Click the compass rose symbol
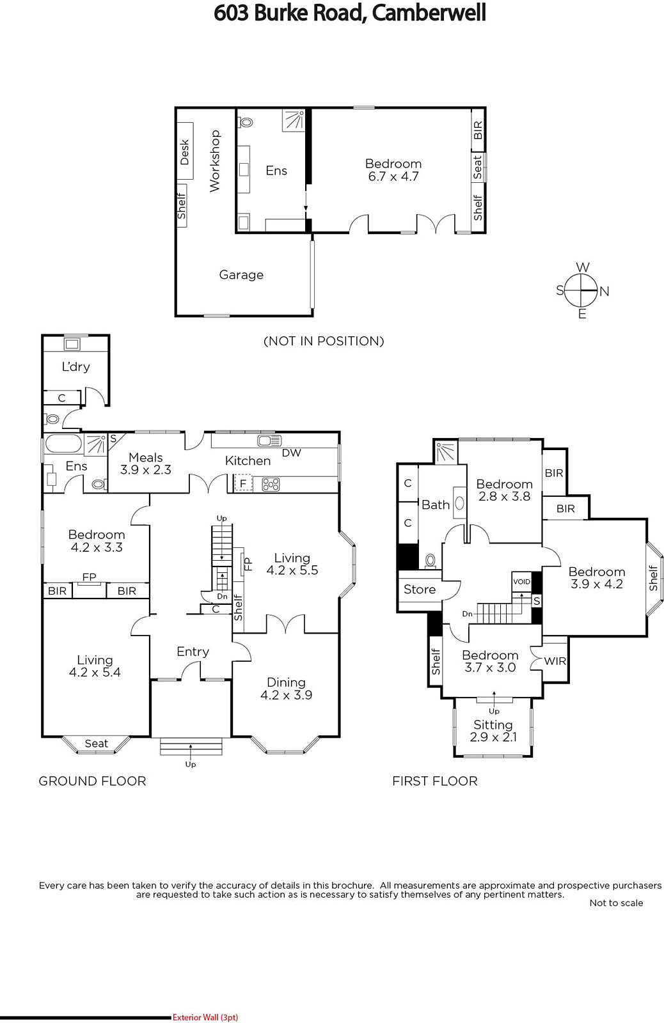click(581, 290)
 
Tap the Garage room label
click(241, 275)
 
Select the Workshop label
click(215, 161)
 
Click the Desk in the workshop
click(185, 151)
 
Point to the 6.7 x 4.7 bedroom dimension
click(393, 176)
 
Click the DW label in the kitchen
click(292, 453)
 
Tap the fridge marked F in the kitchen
click(244, 483)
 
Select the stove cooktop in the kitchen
click(271, 484)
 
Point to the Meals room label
click(146, 458)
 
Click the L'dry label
click(76, 367)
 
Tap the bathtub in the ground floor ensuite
click(63, 444)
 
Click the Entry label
click(193, 652)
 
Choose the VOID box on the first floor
click(522, 582)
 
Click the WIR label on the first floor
click(555, 661)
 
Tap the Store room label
click(420, 590)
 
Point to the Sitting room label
click(493, 725)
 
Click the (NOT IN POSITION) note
click(324, 341)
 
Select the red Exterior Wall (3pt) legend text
click(205, 1017)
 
